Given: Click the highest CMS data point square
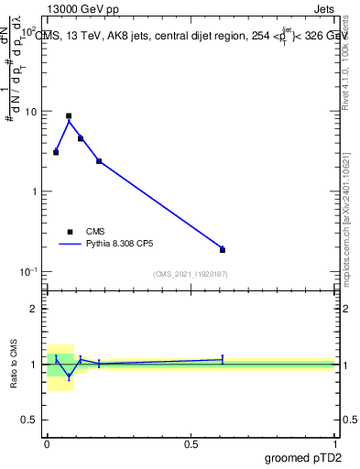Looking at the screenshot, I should (x=69, y=116).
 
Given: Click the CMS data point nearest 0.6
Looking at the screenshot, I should (x=223, y=249).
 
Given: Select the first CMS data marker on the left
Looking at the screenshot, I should (x=56, y=152).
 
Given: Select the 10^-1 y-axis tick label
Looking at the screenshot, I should (x=30, y=271).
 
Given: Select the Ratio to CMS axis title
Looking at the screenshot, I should (x=15, y=365).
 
